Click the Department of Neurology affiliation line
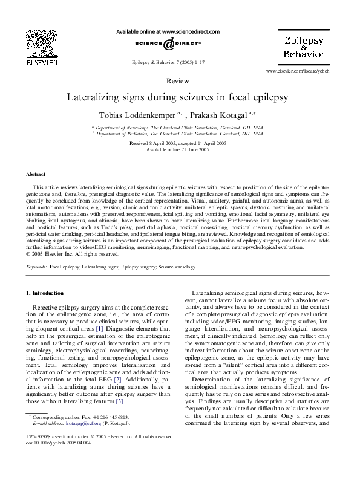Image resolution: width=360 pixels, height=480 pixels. tap(179, 128)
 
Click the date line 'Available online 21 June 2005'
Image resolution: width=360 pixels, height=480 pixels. tap(179, 149)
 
